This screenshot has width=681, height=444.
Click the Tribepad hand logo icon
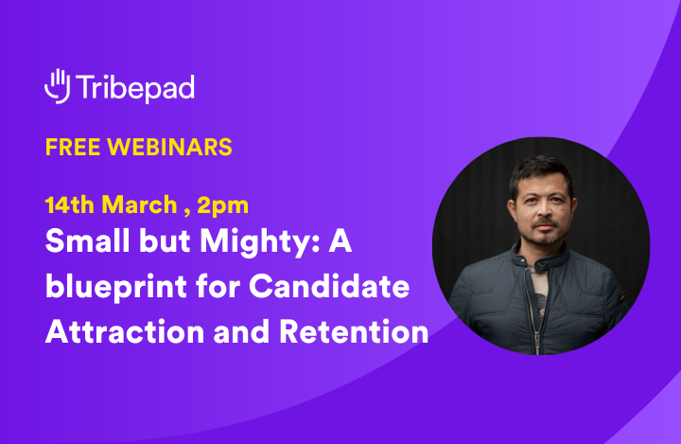[58, 85]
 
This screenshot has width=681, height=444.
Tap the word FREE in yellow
[72, 148]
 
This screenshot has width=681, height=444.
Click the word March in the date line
[140, 204]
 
